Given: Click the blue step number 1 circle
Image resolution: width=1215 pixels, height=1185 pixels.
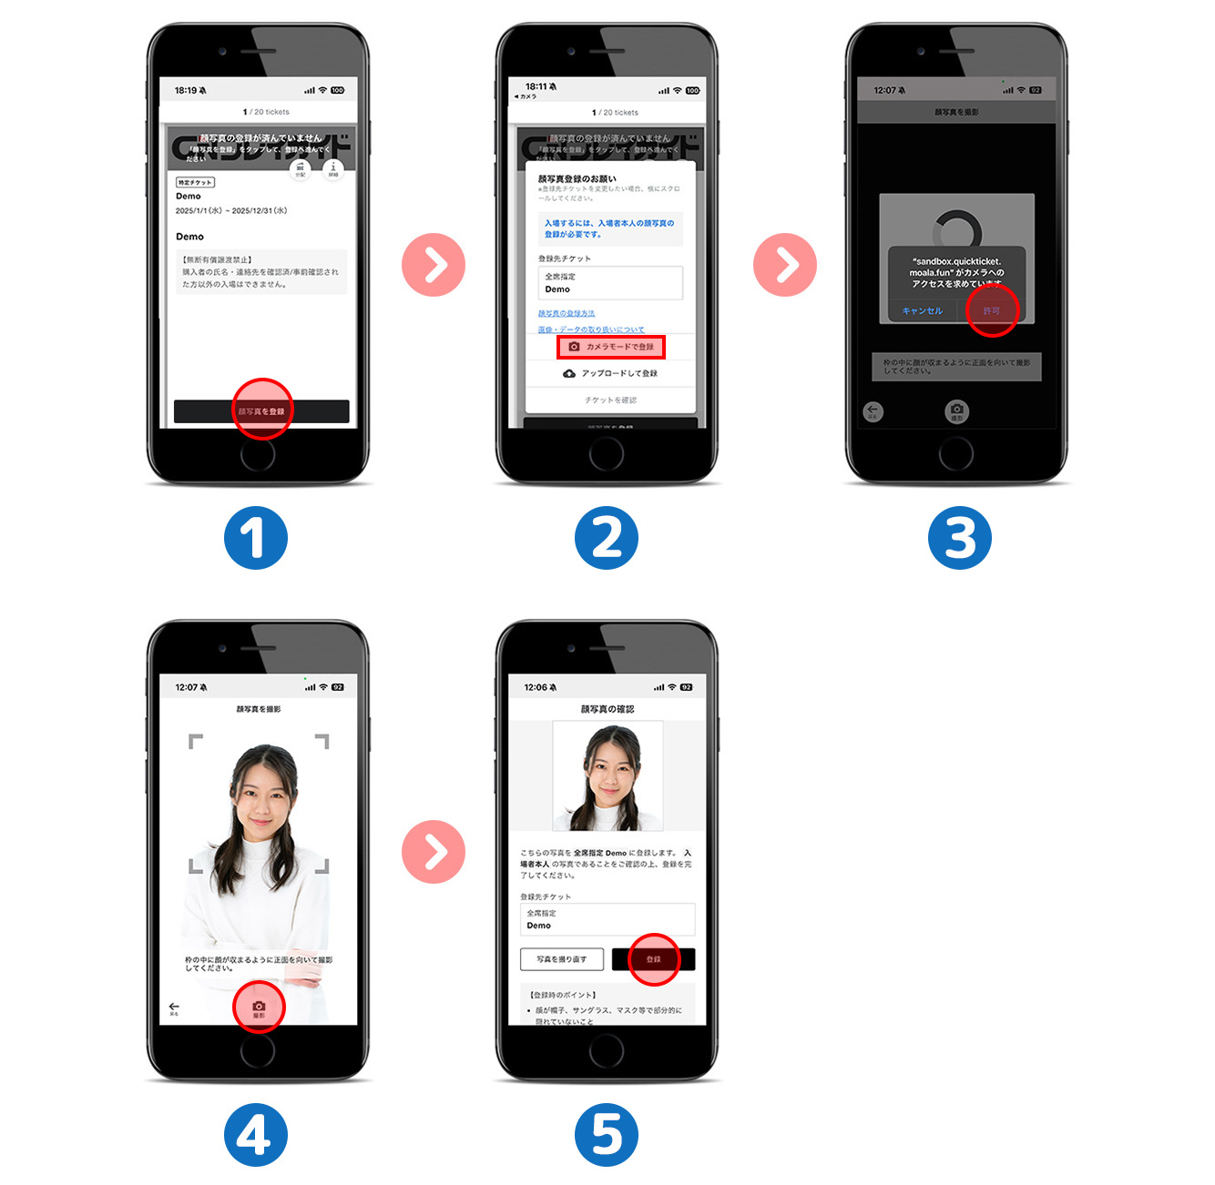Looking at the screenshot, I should tap(256, 538).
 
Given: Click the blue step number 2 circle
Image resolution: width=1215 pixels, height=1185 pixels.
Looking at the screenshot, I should tap(607, 538).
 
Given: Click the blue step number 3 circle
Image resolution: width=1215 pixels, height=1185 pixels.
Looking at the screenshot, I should tap(959, 538).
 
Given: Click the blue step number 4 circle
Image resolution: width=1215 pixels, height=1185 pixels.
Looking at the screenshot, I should tap(256, 1135).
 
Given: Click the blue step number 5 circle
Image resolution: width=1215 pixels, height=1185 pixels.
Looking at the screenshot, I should tap(607, 1135).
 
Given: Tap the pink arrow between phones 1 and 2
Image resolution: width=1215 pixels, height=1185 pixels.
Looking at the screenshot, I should tap(434, 265).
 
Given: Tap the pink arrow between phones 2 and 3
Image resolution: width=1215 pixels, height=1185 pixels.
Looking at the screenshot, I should tap(785, 265).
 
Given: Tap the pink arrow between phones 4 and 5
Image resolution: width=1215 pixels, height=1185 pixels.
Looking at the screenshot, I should tap(434, 852).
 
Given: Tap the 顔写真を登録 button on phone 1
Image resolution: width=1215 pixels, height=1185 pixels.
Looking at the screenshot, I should tap(261, 411).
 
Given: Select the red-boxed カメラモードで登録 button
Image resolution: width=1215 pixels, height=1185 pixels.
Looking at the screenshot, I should tap(611, 347).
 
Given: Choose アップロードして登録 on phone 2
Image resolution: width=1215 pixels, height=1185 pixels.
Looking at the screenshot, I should tap(610, 373).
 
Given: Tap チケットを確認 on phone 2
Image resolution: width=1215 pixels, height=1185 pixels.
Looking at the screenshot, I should tap(610, 400).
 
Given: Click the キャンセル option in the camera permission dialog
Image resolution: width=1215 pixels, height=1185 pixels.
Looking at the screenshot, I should tap(922, 311).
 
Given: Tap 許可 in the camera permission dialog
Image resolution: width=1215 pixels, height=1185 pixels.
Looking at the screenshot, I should tap(991, 311).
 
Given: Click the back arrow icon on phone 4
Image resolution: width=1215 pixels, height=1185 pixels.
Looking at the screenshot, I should tap(174, 1008).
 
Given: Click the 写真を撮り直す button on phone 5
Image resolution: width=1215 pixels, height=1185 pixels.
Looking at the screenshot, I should tap(562, 959).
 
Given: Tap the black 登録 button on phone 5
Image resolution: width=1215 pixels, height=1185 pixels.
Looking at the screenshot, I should tap(654, 959).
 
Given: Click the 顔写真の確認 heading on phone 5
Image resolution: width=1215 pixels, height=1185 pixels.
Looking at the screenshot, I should tap(607, 709).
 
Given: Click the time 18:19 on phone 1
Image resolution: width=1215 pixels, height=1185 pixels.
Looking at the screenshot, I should tap(186, 90).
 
